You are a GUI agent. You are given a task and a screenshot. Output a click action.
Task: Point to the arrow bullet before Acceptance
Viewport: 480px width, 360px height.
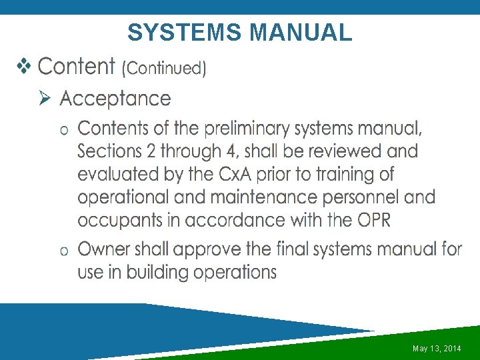[x=45, y=99]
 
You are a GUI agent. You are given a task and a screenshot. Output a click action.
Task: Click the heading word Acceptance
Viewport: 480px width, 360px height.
[x=115, y=99]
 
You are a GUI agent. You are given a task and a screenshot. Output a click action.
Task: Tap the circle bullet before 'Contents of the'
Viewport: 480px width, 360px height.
[x=64, y=129]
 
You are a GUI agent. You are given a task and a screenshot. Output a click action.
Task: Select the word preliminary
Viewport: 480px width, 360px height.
[x=257, y=127]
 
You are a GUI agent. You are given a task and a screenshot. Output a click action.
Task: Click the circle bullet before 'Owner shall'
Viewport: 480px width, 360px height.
[x=64, y=251]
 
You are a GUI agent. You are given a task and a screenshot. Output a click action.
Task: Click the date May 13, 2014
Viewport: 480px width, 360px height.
[x=437, y=349]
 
